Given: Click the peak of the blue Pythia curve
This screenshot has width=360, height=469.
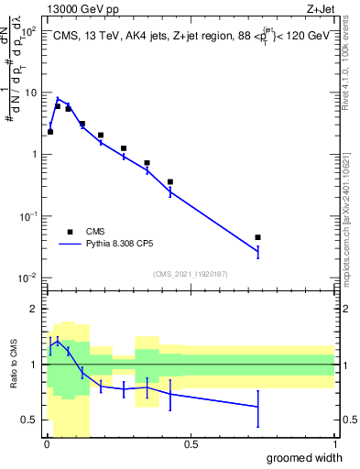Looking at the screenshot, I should coord(58,98).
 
